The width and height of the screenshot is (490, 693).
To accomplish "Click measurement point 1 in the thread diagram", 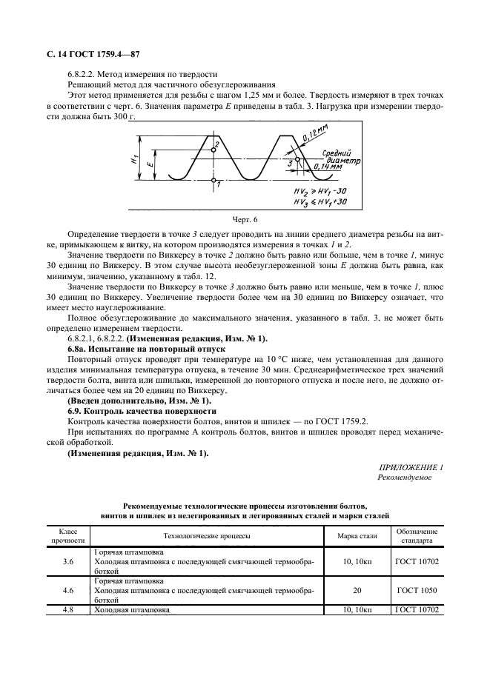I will click(213, 180).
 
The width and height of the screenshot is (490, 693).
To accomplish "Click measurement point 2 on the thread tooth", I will click(213, 150).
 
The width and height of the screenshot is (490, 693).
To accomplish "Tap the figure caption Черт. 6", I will click(245, 220).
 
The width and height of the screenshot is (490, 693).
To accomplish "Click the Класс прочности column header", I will click(68, 536).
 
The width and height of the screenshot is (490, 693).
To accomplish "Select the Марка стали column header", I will click(357, 536).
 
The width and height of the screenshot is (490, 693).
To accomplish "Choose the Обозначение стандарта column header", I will click(417, 536).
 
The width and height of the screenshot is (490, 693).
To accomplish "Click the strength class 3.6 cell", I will click(68, 561).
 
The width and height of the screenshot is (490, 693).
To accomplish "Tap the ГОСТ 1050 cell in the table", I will click(417, 591).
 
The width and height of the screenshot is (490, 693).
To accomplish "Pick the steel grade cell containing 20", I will click(357, 591).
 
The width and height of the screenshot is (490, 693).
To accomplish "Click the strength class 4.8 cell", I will click(68, 610).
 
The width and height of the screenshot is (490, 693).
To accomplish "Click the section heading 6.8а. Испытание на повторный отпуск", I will click(142, 347).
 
